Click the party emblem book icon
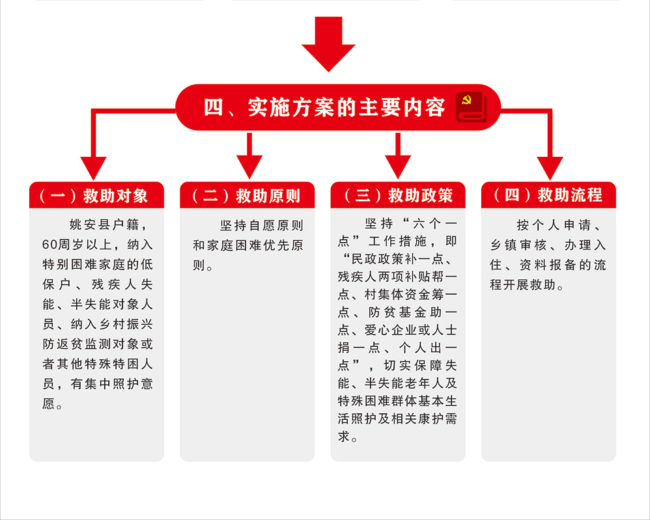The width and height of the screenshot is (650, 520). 471,107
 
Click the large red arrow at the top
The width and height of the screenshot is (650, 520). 328,44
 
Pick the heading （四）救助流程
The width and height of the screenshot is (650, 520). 548,195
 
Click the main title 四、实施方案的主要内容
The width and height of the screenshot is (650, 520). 324,107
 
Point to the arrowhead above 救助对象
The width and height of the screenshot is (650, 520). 93,168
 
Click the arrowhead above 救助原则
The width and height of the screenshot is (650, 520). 249,167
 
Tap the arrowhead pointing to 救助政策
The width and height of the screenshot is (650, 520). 398,167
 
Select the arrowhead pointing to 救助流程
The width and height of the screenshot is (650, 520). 550,168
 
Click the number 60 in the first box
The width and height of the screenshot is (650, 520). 49,245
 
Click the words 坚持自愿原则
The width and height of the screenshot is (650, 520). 262,225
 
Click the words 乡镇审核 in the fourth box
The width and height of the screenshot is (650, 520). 518,245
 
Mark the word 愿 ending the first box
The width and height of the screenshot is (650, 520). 48,404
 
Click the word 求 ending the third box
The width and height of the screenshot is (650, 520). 344,436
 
